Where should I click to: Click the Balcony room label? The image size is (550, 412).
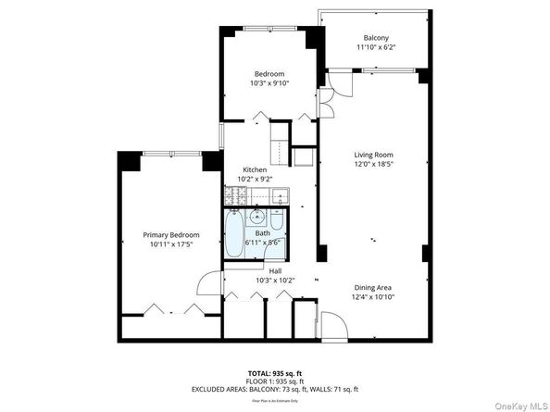(x=375, y=37)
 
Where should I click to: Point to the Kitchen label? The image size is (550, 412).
(x=255, y=169)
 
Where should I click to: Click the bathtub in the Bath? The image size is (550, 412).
(x=234, y=236)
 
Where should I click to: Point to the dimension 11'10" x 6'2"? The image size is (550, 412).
(x=375, y=47)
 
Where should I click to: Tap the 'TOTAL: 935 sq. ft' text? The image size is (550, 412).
(x=274, y=372)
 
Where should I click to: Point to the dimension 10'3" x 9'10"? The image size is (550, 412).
(x=269, y=82)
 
